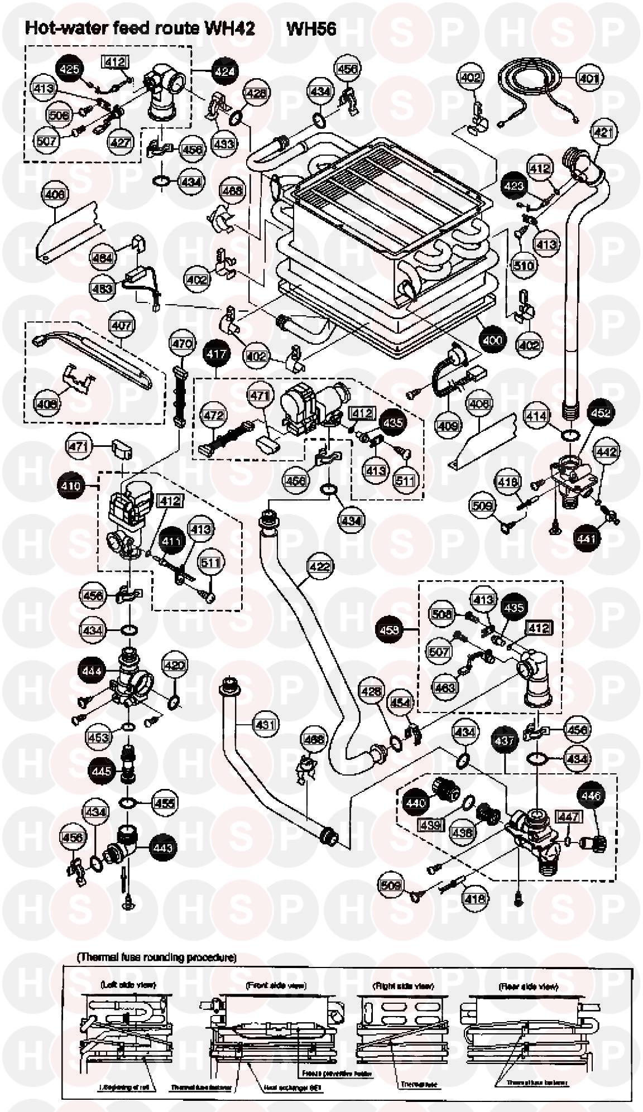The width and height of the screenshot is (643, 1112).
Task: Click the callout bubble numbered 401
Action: coord(588,79)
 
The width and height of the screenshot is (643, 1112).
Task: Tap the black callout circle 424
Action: coord(223,71)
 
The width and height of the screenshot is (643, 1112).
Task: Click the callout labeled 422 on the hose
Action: coord(320,566)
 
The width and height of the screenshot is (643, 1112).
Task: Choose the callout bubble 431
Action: coord(265,725)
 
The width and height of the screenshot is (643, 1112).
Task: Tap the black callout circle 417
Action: coord(217,354)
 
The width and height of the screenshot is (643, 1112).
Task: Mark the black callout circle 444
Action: coord(92,670)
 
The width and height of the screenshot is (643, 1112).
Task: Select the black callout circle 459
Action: coord(390,630)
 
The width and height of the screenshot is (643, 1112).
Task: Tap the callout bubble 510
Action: coord(524,265)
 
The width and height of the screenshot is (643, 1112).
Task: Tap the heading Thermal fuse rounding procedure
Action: coord(157,957)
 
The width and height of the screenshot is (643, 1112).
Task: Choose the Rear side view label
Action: coord(528,986)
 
